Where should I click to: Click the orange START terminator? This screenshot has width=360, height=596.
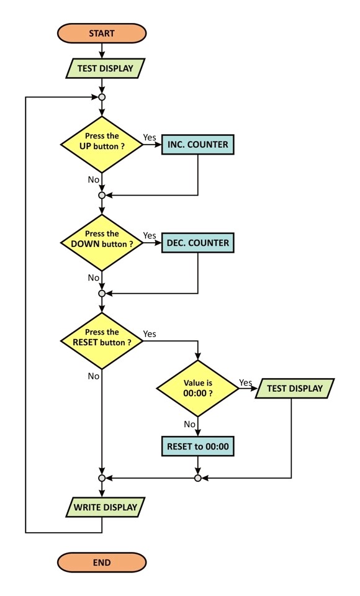click(102, 33)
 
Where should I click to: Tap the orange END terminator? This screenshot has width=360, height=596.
click(102, 562)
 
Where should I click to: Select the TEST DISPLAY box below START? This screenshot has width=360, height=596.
click(106, 68)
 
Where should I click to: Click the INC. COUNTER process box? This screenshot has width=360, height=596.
click(197, 145)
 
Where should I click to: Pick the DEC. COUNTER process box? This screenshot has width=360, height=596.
click(197, 243)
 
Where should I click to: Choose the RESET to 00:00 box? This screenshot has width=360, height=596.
click(197, 446)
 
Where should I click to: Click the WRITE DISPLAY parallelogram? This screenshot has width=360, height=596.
click(106, 507)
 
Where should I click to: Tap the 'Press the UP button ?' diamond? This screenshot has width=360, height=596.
click(102, 145)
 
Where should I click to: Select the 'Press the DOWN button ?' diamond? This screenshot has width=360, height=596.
click(102, 243)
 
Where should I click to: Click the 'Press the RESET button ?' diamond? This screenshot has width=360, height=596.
click(102, 341)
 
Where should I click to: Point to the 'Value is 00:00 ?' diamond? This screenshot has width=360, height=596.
click(197, 389)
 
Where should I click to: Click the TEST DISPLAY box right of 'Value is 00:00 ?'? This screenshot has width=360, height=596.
click(295, 389)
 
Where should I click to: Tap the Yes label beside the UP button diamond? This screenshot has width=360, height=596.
click(150, 137)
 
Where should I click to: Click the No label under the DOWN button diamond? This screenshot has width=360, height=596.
click(94, 278)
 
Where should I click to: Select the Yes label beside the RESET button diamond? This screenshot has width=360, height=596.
click(150, 334)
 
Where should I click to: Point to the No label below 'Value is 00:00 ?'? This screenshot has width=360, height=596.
click(189, 424)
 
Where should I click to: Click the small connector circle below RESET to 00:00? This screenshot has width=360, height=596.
click(197, 478)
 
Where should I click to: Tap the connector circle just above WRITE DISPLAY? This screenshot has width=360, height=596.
click(102, 478)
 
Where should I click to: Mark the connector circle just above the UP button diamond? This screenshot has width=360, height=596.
click(102, 97)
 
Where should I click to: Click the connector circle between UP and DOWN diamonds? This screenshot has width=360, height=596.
click(102, 196)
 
